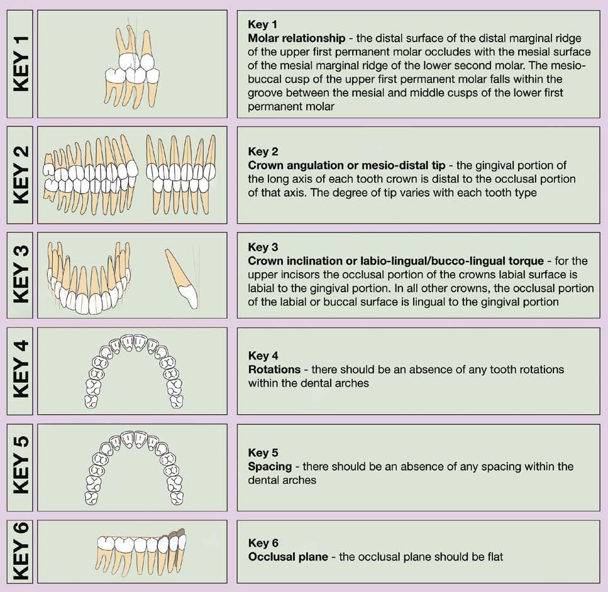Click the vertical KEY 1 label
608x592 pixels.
[x=19, y=63]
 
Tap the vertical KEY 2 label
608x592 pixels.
[x=19, y=175]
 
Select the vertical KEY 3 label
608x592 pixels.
[x=19, y=275]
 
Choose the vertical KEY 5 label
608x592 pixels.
[x=19, y=467]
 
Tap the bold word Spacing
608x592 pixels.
[x=270, y=466]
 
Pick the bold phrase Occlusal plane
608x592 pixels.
[x=288, y=557]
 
